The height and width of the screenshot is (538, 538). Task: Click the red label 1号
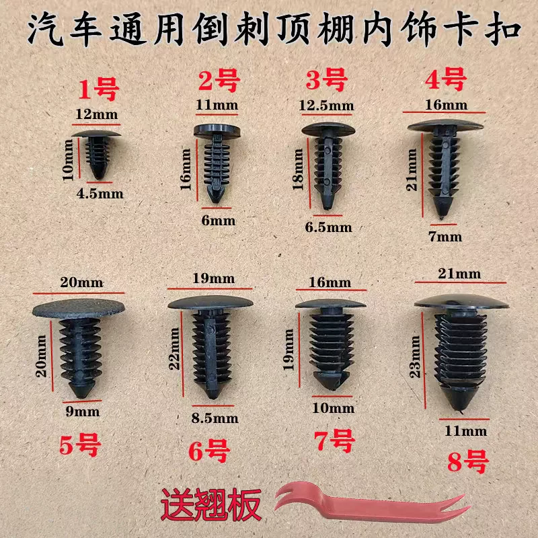[x=99, y=89]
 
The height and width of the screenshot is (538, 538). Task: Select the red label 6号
[x=209, y=451]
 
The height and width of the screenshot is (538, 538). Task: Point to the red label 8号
[x=467, y=461]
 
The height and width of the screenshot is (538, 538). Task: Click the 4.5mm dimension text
[x=100, y=194]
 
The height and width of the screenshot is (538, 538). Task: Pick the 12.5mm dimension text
[x=326, y=106]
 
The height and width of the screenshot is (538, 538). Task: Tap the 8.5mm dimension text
[x=215, y=418]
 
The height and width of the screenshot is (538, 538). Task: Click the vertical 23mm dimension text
[x=415, y=357]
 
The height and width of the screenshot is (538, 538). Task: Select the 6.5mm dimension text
[x=328, y=227]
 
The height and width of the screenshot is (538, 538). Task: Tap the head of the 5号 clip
[x=79, y=307]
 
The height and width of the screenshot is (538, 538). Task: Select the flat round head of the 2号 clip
[x=217, y=131]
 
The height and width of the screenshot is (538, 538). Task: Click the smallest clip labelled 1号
[x=97, y=153]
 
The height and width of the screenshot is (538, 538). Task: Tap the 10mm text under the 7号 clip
[x=333, y=408]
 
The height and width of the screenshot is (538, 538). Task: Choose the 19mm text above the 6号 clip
[x=213, y=278]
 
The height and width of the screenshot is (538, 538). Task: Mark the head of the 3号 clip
[x=328, y=130]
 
